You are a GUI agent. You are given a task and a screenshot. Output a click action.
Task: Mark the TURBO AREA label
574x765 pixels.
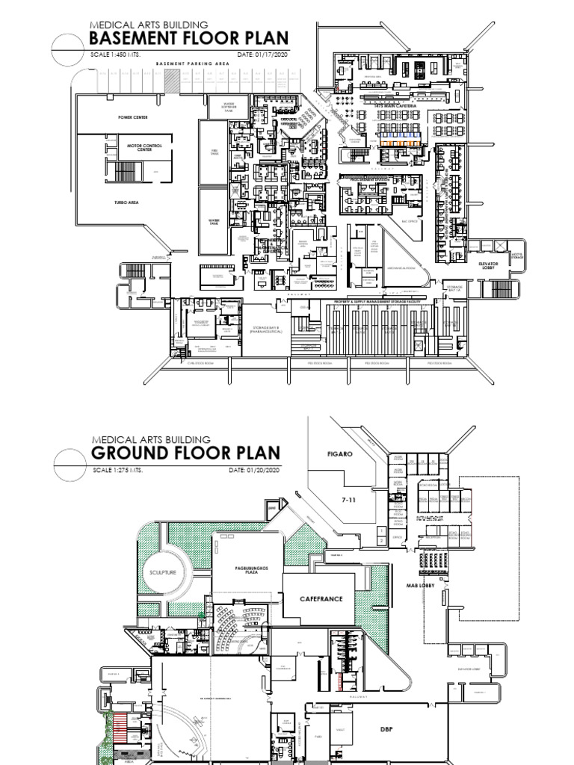[x=128, y=202]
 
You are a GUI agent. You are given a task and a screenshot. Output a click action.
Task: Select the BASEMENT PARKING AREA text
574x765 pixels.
[x=192, y=64]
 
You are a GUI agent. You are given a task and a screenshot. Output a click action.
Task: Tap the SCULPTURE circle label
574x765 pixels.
[x=162, y=572]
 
